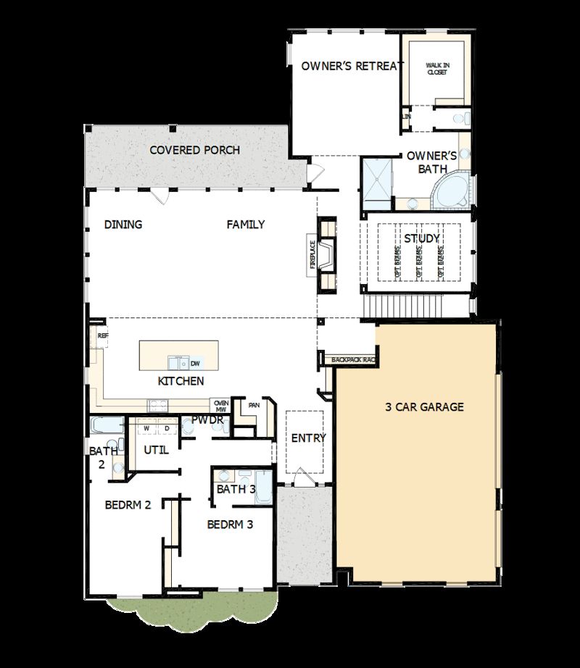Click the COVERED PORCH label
pyautogui.click(x=194, y=150)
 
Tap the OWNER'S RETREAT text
pyautogui.click(x=352, y=66)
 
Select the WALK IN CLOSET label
pyautogui.click(x=436, y=69)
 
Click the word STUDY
pyautogui.click(x=422, y=238)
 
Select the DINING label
pyautogui.click(x=123, y=225)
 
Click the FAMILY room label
pyautogui.click(x=246, y=225)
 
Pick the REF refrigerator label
pyautogui.click(x=102, y=335)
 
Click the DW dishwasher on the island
pyautogui.click(x=195, y=363)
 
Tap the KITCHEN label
pyautogui.click(x=181, y=381)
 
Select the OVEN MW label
pyautogui.click(x=221, y=406)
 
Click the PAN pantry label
pyautogui.click(x=253, y=405)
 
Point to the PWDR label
pyautogui.click(x=207, y=420)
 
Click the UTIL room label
pyautogui.click(x=156, y=450)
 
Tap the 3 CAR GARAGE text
pyautogui.click(x=424, y=407)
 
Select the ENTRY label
pyautogui.click(x=309, y=438)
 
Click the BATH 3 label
pyautogui.click(x=236, y=489)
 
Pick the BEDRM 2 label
pyautogui.click(x=128, y=505)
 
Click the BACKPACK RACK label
pyautogui.click(x=353, y=359)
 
